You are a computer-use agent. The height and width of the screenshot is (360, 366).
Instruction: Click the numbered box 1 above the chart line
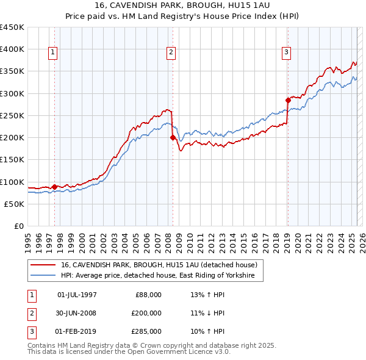(x=54, y=53)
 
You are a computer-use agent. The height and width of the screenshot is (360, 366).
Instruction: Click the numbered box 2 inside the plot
(x=171, y=53)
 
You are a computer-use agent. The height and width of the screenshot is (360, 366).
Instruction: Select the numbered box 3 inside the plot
(x=286, y=53)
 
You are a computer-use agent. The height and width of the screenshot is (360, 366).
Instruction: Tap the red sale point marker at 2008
(x=173, y=137)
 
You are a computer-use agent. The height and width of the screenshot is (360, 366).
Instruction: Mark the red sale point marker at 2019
(x=288, y=100)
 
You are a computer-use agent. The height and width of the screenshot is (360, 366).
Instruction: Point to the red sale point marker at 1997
(x=54, y=187)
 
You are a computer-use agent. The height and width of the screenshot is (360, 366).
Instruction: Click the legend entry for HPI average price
(x=161, y=276)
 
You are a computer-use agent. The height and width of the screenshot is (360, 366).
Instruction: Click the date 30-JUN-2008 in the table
(x=76, y=313)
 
